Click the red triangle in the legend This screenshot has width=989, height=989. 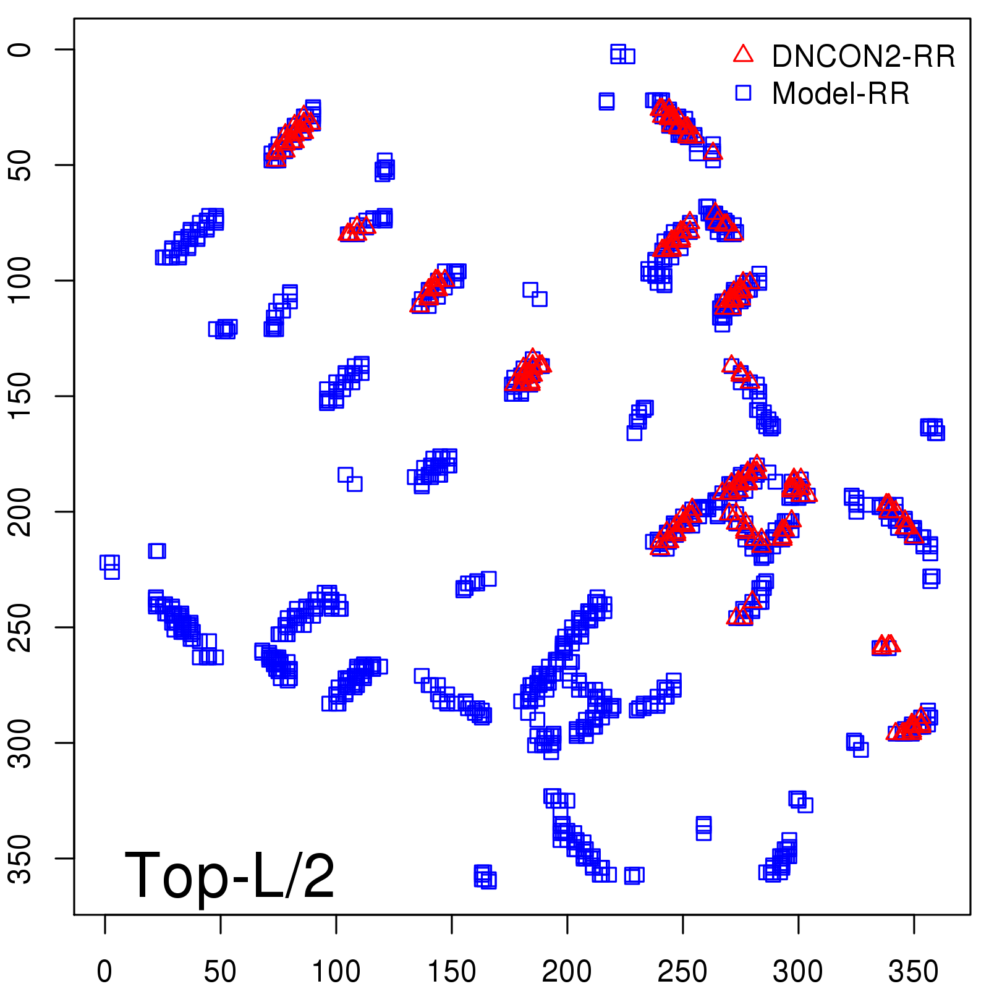point(743,54)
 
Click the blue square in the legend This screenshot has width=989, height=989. point(743,93)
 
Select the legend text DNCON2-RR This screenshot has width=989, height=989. point(864,56)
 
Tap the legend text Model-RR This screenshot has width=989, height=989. point(841,94)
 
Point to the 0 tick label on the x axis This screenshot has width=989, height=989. point(104,971)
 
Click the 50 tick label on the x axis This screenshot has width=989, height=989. point(220,971)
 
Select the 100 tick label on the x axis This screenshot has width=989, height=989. point(336,971)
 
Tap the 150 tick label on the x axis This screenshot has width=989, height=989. point(451,971)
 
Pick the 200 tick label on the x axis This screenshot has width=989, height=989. point(567,971)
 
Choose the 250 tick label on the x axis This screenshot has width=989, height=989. point(682,971)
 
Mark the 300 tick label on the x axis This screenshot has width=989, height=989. point(798,971)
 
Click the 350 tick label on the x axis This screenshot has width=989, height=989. point(914,971)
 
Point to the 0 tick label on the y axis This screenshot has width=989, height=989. point(20,49)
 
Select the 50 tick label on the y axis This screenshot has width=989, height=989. point(20,165)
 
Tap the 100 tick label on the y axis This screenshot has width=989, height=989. point(20,281)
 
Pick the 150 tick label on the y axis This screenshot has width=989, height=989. point(20,396)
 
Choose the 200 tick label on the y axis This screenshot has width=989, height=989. point(20,512)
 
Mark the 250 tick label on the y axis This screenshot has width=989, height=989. point(20,627)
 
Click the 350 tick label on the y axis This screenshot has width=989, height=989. point(20,859)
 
